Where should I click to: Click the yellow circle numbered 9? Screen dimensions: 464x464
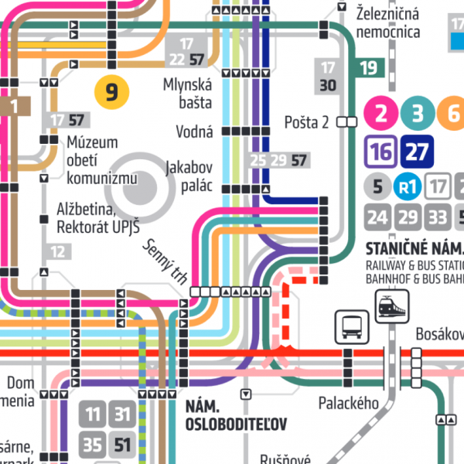tap(111, 93)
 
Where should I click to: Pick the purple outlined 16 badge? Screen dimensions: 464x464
tap(380, 151)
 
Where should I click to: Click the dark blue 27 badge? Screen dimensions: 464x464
tap(417, 151)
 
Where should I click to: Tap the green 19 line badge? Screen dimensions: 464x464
tap(369, 67)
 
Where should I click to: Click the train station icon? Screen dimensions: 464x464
tap(387, 306)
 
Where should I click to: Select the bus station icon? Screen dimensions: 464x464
tap(349, 326)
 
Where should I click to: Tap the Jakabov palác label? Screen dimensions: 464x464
tap(189, 176)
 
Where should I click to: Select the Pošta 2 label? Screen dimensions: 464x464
tap(307, 121)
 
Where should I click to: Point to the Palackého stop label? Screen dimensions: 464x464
tap(349, 403)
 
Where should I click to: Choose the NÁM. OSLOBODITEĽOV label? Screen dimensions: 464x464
tap(236, 415)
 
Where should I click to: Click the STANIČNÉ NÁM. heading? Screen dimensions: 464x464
tap(413, 249)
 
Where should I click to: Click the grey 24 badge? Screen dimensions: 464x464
tap(377, 217)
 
